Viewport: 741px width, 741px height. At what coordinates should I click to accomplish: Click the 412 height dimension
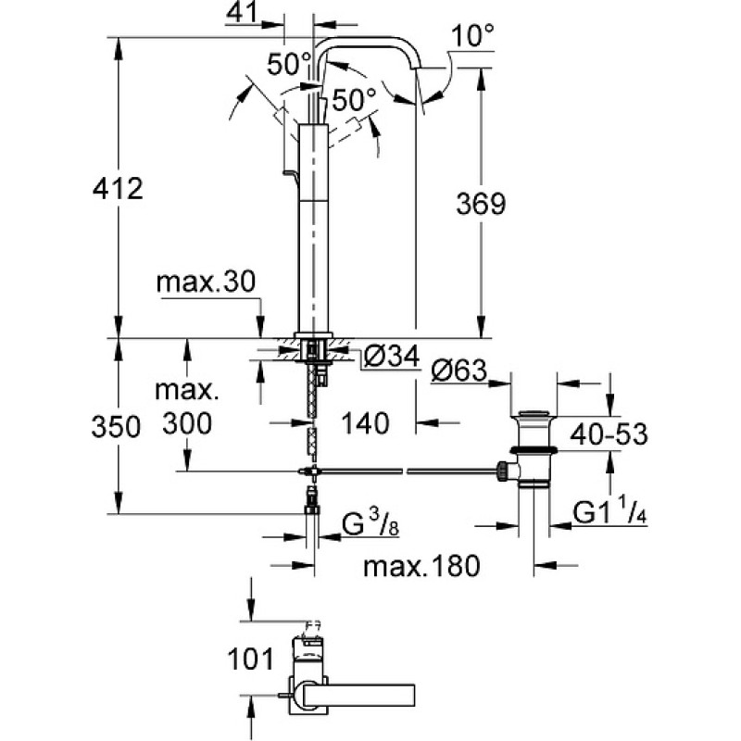pyautogui.click(x=118, y=189)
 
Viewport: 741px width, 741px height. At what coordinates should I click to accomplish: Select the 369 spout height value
pyautogui.click(x=481, y=204)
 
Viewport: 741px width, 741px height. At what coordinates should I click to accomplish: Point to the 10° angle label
pyautogui.click(x=472, y=35)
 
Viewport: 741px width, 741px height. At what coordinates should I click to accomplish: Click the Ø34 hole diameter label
pyautogui.click(x=392, y=356)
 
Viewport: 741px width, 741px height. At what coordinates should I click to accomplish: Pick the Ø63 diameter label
pyautogui.click(x=458, y=370)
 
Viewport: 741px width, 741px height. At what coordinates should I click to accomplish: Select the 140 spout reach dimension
pyautogui.click(x=365, y=423)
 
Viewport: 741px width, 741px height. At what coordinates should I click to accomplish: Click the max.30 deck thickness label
pyautogui.click(x=206, y=282)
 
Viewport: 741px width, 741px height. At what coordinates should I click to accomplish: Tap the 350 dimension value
pyautogui.click(x=116, y=426)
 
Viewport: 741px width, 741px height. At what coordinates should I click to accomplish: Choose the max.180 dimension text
pyautogui.click(x=421, y=565)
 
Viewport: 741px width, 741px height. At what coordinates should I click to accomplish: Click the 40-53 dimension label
pyautogui.click(x=609, y=433)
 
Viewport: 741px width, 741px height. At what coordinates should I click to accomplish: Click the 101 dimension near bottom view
pyautogui.click(x=250, y=659)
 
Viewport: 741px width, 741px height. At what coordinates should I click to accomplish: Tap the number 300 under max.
pyautogui.click(x=187, y=423)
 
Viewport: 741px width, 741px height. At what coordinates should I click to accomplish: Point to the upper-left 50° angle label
pyautogui.click(x=289, y=64)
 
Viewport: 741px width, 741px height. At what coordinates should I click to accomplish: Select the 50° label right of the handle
pyautogui.click(x=354, y=99)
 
